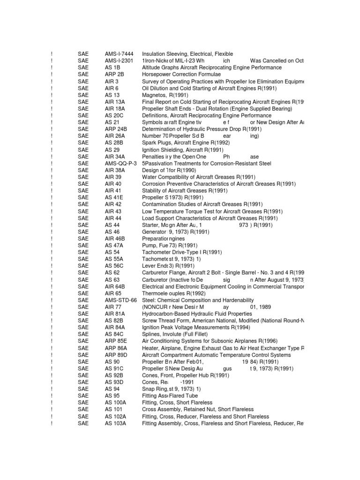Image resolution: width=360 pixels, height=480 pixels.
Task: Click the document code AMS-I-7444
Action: (120, 54)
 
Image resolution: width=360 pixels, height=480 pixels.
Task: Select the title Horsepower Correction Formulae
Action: (182, 75)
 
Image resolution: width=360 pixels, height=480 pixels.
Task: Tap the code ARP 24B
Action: (116, 129)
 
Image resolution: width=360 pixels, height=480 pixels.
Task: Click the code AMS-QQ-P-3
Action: (121, 163)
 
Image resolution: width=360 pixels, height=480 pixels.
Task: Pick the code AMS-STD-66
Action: (121, 300)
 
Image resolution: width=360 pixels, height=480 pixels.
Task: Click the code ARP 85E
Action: (116, 341)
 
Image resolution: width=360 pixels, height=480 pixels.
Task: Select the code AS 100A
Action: (115, 403)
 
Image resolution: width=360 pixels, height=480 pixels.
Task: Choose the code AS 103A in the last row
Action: (115, 423)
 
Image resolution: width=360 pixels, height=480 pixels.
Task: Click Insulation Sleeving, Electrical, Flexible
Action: (187, 54)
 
